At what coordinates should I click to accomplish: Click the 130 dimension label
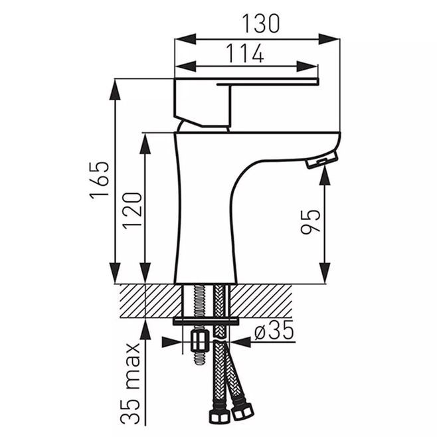(260, 24)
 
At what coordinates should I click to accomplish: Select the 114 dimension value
(244, 53)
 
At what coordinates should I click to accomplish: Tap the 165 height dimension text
(99, 180)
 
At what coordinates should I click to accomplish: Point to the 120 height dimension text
(132, 211)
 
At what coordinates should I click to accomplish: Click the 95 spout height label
(310, 221)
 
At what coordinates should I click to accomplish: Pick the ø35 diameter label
(274, 330)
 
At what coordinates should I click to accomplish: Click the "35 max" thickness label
(130, 384)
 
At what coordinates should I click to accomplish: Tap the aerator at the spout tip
(322, 160)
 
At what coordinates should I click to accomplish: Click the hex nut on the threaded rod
(199, 341)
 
